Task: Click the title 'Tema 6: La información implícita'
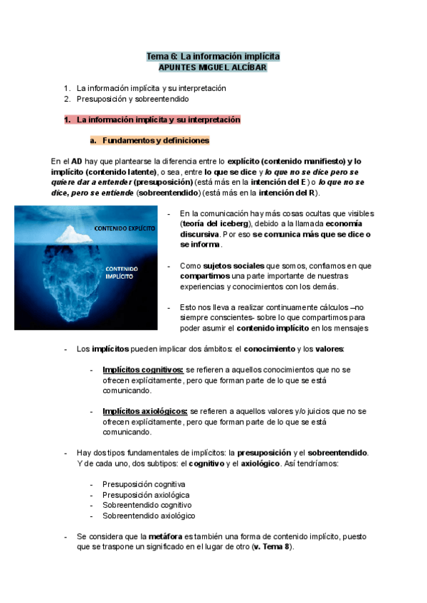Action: (x=213, y=55)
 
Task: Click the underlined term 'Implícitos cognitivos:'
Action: (x=143, y=370)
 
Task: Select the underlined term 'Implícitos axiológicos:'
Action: (x=144, y=411)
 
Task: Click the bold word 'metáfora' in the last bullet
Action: (x=165, y=537)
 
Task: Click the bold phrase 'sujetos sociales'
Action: (x=228, y=265)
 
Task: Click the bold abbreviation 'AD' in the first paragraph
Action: (x=78, y=161)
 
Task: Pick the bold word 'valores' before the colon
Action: (x=328, y=349)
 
